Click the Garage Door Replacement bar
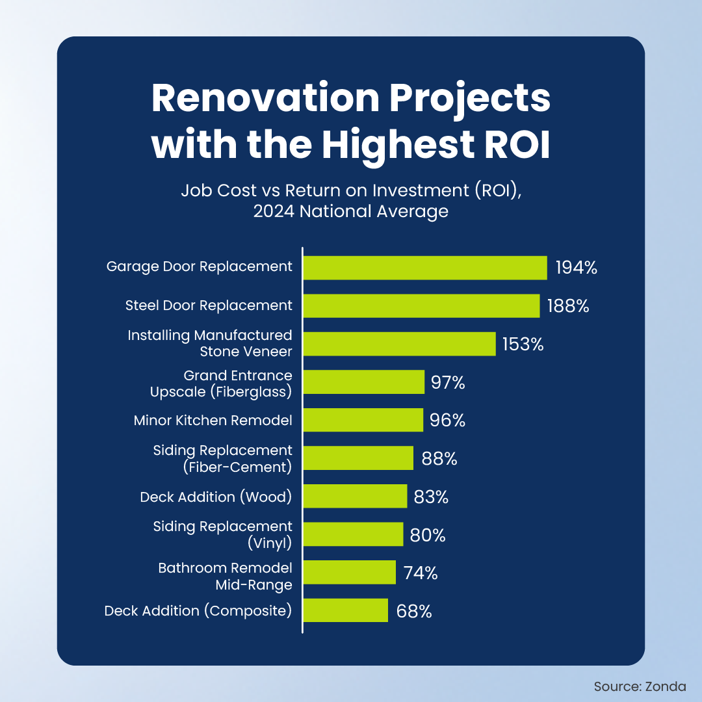(x=425, y=268)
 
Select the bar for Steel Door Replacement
(x=421, y=305)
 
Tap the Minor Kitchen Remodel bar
(x=363, y=420)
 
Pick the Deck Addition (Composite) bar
(x=346, y=611)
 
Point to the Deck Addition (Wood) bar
(x=355, y=497)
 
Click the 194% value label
(x=576, y=268)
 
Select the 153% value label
(x=522, y=344)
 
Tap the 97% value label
(x=448, y=382)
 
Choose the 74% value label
(x=420, y=573)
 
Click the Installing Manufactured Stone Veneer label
(x=210, y=343)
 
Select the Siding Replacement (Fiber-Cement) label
(x=223, y=458)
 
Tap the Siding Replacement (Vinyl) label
(x=223, y=534)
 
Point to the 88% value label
(x=439, y=458)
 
